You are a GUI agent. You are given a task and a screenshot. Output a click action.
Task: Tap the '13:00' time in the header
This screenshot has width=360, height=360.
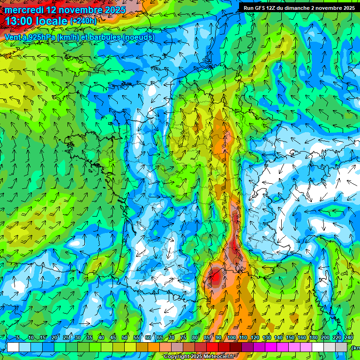21,21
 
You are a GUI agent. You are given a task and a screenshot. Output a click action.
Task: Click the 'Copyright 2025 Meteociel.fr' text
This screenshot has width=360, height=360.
199,357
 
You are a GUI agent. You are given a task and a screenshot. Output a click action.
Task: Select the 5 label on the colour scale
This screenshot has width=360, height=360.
17,338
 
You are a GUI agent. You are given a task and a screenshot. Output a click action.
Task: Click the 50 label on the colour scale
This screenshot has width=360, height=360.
125,338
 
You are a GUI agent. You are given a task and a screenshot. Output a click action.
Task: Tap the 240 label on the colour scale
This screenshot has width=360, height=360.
349,338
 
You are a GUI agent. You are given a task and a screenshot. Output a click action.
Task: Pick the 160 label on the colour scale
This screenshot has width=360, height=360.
302,338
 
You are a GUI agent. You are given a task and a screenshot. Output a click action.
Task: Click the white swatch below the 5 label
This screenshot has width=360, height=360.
13,347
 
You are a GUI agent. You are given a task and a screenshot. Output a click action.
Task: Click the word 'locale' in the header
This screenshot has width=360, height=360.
52,21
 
